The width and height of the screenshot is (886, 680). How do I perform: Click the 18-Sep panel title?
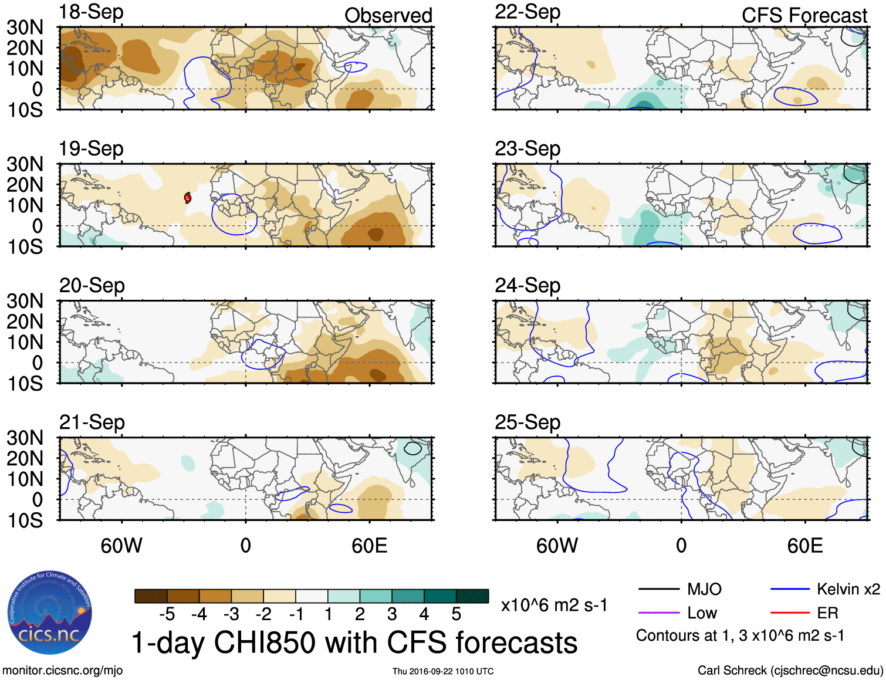91,12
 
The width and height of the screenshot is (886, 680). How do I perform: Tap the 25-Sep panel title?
527,422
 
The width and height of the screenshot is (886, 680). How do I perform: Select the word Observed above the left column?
388,15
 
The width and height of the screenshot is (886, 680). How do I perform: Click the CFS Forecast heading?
804,15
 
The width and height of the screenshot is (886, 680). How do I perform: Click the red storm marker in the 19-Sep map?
188,198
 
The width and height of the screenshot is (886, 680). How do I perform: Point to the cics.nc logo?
49,613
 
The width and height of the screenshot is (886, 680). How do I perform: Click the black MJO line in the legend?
658,589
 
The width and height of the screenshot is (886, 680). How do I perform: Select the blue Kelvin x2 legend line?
790,589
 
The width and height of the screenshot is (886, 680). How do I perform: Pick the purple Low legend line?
658,613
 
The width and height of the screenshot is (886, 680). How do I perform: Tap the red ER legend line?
790,613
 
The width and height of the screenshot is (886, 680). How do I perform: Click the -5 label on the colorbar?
167,614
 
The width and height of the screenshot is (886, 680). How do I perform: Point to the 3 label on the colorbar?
392,614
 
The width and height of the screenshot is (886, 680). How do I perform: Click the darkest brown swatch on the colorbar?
151,596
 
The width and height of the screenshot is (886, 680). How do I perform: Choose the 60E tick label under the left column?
369,546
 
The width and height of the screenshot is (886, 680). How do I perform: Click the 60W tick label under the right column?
557,546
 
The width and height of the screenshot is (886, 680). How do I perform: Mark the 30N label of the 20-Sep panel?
25,301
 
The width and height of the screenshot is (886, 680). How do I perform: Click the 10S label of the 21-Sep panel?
25,520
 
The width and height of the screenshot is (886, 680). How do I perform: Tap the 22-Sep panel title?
527,12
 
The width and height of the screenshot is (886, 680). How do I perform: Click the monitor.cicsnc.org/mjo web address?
62,670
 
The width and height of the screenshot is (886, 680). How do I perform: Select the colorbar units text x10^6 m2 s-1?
554,605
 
